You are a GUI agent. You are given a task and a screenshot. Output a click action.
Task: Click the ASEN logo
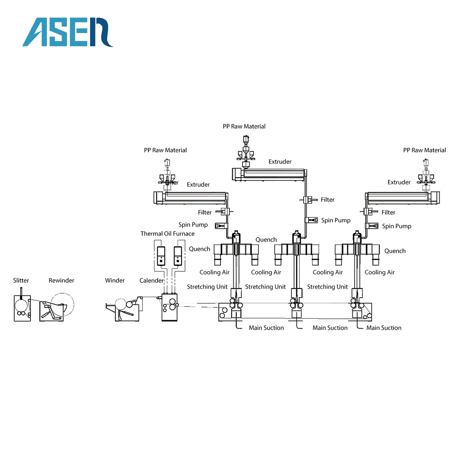pyautogui.click(x=68, y=32)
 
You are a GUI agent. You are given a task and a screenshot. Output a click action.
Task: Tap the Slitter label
pyautogui.click(x=21, y=280)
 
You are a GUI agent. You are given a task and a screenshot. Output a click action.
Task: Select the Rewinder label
pyautogui.click(x=61, y=280)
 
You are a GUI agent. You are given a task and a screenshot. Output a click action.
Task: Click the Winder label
pyautogui.click(x=115, y=280)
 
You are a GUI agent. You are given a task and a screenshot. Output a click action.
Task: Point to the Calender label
pyautogui.click(x=151, y=280)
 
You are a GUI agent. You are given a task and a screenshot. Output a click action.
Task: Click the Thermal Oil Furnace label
pyautogui.click(x=167, y=234)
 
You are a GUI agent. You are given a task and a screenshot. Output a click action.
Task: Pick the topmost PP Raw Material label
pyautogui.click(x=244, y=127)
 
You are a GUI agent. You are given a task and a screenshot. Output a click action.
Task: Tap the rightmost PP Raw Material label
pyautogui.click(x=424, y=150)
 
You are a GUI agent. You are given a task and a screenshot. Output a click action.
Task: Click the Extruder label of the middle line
pyautogui.click(x=280, y=161)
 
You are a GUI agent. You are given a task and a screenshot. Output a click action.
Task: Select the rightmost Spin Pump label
pyautogui.click(x=396, y=226)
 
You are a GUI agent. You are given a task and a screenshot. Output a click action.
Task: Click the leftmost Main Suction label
pyautogui.click(x=266, y=328)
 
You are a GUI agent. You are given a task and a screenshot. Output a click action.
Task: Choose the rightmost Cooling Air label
pyautogui.click(x=379, y=272)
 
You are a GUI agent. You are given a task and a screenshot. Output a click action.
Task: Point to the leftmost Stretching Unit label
pyautogui.click(x=207, y=287)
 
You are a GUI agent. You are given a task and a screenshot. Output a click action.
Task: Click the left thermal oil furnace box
pyautogui.click(x=161, y=256)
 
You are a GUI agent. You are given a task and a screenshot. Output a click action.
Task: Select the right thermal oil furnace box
pyautogui.click(x=177, y=256)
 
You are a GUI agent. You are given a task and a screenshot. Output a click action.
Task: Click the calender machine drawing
pyautogui.click(x=169, y=307)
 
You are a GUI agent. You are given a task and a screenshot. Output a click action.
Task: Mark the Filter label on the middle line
pyautogui.click(x=327, y=199)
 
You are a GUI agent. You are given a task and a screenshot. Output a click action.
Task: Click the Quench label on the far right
pyautogui.click(x=395, y=251)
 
